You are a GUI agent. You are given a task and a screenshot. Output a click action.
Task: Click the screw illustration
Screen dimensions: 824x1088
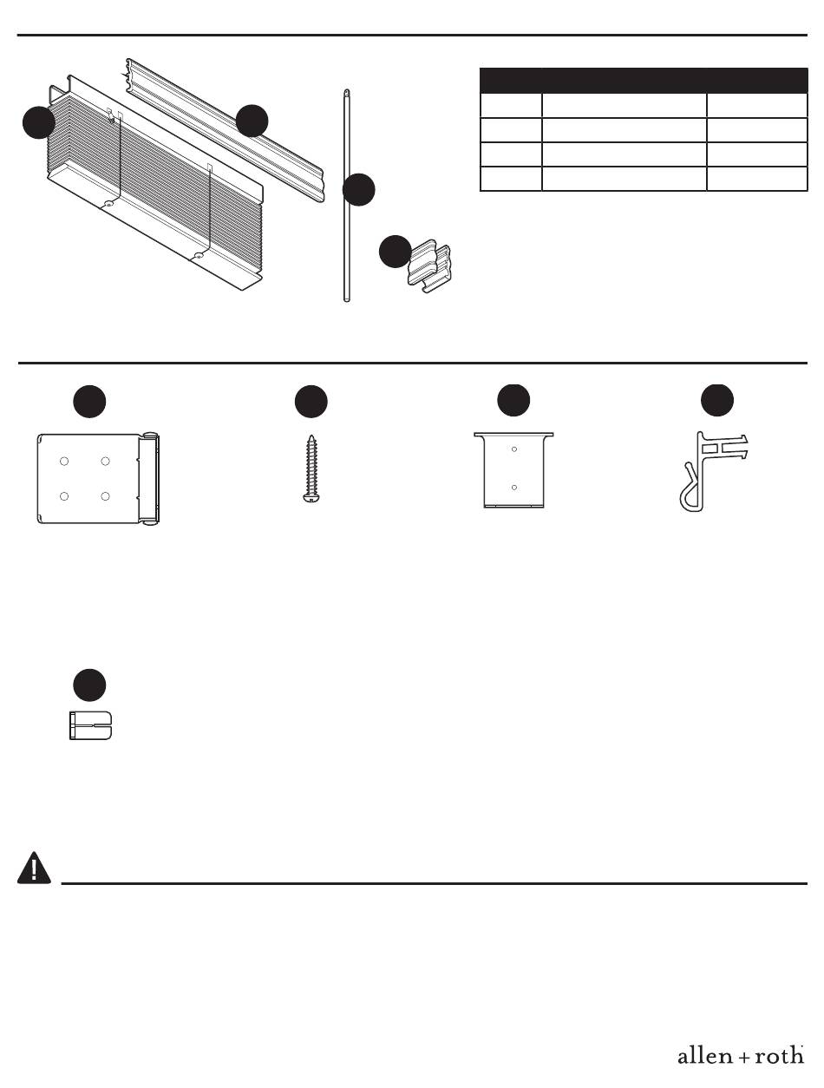[311, 469]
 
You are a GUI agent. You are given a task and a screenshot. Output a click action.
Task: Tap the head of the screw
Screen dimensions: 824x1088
[311, 498]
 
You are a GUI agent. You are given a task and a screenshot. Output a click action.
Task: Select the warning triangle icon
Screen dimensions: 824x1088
[34, 868]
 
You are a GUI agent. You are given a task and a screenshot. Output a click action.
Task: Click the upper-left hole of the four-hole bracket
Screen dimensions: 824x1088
[64, 462]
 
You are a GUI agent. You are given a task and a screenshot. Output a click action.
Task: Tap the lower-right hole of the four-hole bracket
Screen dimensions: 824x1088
[105, 496]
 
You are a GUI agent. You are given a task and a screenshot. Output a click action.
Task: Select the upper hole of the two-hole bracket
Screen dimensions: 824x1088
[514, 449]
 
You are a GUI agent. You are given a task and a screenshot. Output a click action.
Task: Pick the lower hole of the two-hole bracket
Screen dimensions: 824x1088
[514, 488]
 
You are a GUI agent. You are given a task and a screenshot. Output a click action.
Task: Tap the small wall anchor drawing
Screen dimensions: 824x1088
[91, 725]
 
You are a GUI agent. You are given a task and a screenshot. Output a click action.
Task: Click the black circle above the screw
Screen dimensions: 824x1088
[311, 402]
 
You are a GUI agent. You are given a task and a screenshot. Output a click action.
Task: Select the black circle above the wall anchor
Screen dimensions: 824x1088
[89, 685]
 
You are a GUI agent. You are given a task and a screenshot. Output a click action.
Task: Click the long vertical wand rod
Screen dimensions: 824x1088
[346, 195]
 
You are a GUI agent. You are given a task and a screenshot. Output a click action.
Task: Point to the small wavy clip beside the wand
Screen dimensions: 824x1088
[430, 266]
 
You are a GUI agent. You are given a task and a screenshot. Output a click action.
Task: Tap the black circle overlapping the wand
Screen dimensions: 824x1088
[359, 190]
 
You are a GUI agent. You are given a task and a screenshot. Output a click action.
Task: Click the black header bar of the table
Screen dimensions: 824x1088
[644, 81]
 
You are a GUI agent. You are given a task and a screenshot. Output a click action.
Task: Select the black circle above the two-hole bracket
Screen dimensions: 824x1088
[513, 401]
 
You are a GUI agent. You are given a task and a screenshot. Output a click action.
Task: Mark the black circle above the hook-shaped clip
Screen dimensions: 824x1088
[717, 401]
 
